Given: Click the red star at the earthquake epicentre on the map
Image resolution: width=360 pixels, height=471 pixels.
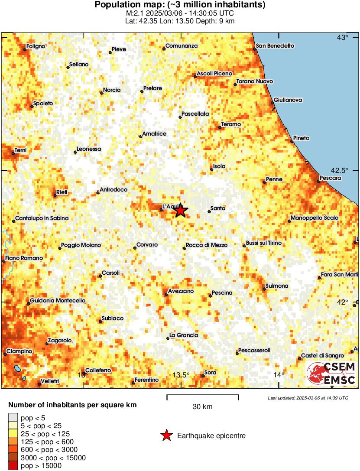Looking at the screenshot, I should click(181, 211).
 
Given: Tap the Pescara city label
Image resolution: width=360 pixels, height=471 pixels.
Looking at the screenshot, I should click(330, 178).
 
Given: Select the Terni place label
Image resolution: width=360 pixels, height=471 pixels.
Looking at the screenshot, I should click(20, 150).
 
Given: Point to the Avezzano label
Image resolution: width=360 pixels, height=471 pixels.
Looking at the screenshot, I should click(181, 291).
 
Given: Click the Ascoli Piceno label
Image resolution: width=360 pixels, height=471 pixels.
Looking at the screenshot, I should click(214, 74).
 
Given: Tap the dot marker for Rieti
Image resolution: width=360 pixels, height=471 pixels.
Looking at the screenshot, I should click(55, 196).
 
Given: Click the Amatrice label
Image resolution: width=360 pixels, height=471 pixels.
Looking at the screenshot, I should click(154, 134).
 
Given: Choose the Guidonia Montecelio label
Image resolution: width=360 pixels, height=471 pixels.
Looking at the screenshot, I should click(58, 301).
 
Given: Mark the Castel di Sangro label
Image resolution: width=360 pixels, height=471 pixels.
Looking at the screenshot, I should click(321, 355).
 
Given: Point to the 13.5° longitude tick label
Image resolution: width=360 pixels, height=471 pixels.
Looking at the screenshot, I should click(181, 375).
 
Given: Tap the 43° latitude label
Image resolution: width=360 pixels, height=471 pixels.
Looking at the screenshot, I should click(343, 38).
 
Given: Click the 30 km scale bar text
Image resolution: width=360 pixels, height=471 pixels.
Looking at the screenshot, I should click(202, 407).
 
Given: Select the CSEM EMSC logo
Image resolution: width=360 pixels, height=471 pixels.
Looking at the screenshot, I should click(331, 374).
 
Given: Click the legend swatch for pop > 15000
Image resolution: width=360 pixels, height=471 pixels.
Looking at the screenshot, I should click(13, 466).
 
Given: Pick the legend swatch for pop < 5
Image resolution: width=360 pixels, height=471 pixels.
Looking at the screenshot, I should click(13, 418).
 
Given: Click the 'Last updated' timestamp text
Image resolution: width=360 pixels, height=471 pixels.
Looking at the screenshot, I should click(308, 398).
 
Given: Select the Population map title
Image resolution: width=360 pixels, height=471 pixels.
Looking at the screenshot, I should click(180, 5).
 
